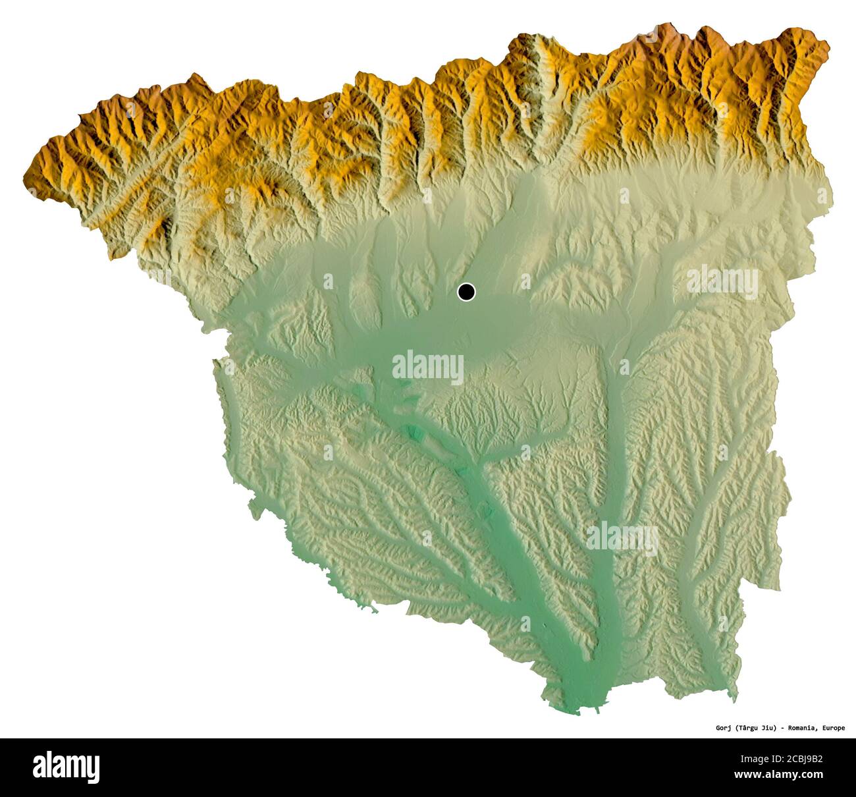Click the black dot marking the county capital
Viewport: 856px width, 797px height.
[x=466, y=291]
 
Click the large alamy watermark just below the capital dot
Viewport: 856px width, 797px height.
[x=428, y=366]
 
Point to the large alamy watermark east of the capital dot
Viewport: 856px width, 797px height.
[x=722, y=281]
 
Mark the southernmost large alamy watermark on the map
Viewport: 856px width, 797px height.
[x=622, y=537]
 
